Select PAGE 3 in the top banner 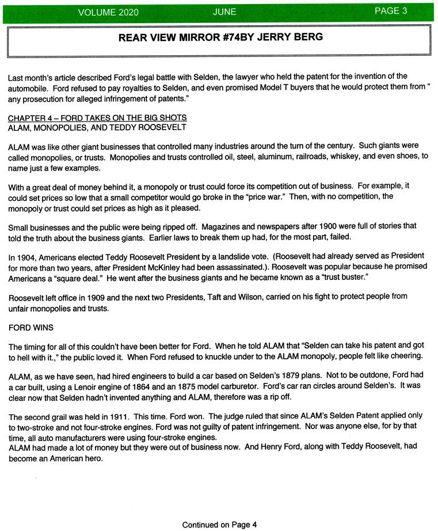(x=391, y=11)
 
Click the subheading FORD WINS (x=32, y=328)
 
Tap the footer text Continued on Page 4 (x=219, y=524)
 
